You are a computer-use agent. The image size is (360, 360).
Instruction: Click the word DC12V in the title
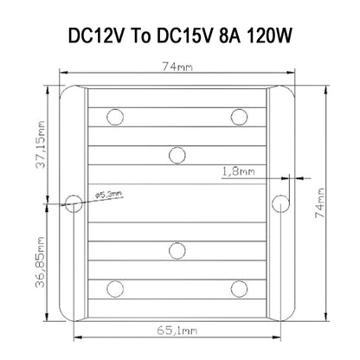97,36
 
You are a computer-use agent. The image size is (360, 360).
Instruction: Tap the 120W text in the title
270,36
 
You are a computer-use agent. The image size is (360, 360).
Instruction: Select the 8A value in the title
229,36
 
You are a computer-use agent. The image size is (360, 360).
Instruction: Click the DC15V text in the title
185,36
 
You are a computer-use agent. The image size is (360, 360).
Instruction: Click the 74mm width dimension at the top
177,67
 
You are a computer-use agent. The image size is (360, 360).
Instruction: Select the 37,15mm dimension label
41,145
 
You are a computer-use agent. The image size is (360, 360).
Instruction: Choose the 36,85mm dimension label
41,262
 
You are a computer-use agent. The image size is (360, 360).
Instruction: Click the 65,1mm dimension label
177,331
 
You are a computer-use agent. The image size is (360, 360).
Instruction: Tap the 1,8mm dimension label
238,171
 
